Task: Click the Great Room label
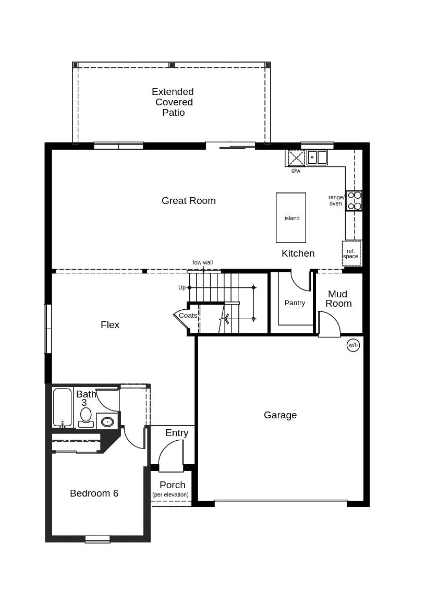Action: [188, 201]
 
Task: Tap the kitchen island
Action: [291, 218]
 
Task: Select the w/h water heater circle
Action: [353, 345]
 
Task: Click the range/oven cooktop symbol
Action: [354, 201]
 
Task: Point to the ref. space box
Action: [351, 253]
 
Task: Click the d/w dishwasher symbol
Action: [296, 158]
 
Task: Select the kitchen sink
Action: [317, 158]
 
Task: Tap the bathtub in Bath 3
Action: [62, 407]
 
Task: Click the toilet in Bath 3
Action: [86, 417]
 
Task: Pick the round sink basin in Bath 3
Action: [107, 421]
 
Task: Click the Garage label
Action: [280, 415]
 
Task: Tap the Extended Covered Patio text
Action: [173, 102]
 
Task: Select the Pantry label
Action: [295, 303]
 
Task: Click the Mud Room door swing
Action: [328, 324]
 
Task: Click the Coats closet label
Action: [188, 316]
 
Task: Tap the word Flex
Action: [110, 325]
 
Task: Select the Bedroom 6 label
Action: [94, 493]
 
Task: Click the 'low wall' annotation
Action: [203, 263]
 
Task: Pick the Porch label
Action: [172, 485]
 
